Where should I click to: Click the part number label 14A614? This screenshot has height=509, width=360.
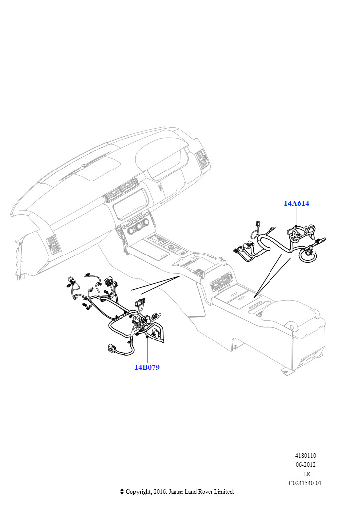[296, 203]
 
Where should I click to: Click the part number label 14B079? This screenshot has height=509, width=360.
[147, 367]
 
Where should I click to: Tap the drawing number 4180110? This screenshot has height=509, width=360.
[305, 456]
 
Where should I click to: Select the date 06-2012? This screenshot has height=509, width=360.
[305, 465]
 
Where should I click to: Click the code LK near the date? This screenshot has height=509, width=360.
[307, 474]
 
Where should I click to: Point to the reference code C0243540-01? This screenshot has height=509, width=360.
[305, 483]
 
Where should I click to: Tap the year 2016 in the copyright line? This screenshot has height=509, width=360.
[159, 492]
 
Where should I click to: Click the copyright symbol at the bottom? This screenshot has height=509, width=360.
[122, 492]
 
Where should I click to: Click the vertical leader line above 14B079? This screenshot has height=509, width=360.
[147, 350]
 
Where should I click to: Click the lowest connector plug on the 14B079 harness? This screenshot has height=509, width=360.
[111, 348]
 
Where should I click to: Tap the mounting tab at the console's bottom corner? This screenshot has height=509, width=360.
[285, 371]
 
